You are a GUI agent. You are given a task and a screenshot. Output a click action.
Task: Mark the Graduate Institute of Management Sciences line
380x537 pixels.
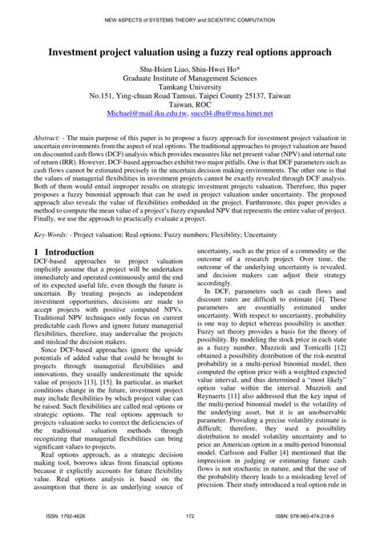tap(189, 80)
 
